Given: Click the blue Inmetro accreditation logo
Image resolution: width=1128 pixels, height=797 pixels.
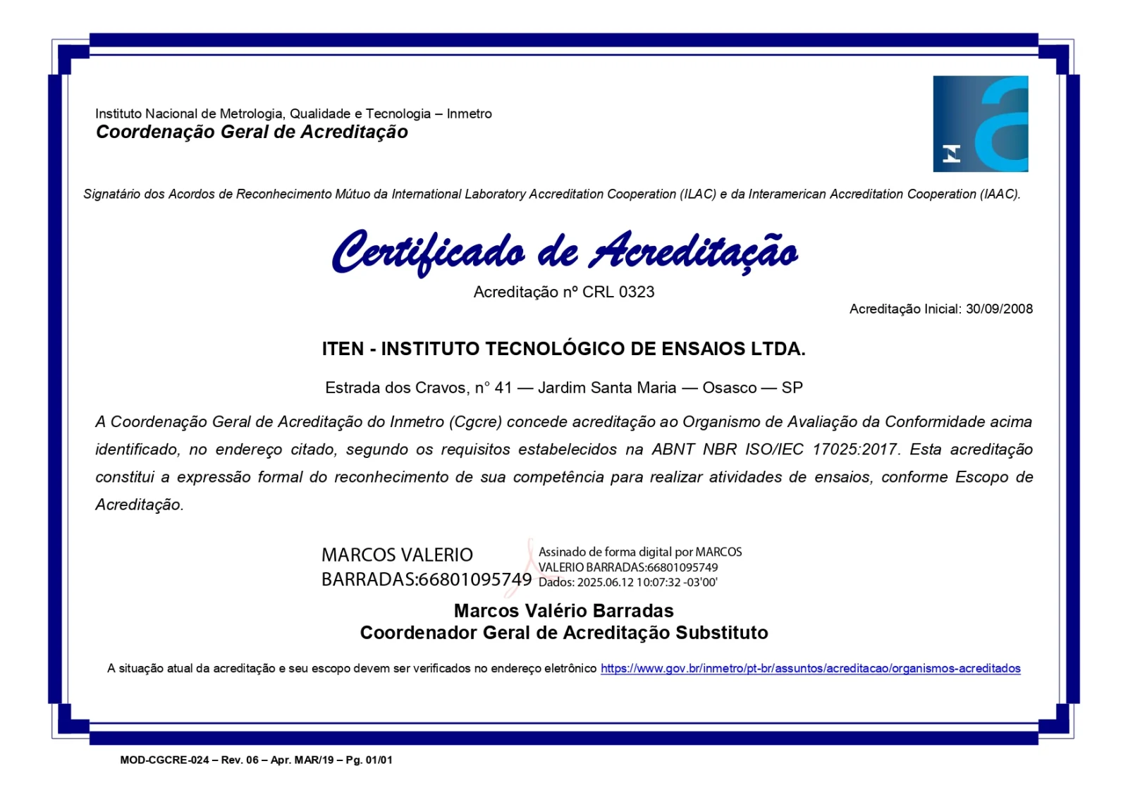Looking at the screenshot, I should [x=980, y=124].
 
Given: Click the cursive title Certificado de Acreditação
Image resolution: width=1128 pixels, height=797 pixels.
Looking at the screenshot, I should [x=564, y=252].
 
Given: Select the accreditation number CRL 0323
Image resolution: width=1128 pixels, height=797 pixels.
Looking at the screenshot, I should [x=618, y=292].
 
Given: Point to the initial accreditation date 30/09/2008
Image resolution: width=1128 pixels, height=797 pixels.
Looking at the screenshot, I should [x=999, y=309].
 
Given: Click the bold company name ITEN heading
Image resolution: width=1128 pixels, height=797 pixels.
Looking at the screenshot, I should [x=563, y=349].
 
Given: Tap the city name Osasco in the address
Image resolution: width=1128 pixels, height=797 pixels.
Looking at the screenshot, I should [x=729, y=388].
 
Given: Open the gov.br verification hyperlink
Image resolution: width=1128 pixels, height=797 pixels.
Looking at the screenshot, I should [x=810, y=668].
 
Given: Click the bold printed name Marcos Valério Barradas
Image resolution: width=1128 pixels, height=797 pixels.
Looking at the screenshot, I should [x=563, y=610].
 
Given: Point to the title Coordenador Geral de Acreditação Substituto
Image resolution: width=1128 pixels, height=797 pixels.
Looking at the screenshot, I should [x=563, y=633].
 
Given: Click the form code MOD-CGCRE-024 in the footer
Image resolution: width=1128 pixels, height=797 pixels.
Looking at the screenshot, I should [x=164, y=760].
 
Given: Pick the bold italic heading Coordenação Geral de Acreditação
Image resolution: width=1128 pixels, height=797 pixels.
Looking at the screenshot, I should [x=252, y=132].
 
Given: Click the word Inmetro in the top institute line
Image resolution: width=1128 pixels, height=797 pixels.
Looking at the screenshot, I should [x=469, y=113].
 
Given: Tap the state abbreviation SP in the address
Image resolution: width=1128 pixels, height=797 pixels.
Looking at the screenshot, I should [x=792, y=388].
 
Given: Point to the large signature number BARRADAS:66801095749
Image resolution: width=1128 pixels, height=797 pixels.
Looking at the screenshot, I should [x=426, y=579].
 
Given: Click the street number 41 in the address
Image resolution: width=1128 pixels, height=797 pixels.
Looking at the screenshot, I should [x=503, y=388].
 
